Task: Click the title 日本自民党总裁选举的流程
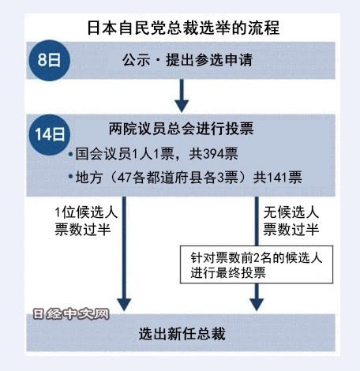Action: pos(183,28)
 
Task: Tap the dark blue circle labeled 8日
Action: pos(49,60)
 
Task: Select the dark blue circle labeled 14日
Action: pos(49,134)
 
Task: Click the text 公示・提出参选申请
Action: pos(187,60)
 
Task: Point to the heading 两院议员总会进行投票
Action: pos(182,129)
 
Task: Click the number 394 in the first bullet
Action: pos(212,154)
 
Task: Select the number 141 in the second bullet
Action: pos(277,178)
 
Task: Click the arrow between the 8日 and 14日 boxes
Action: pos(182,96)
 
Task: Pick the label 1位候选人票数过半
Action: pos(86,220)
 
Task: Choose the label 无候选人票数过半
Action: pos(291,220)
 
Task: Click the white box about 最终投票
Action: pos(257,264)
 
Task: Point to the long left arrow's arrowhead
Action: pos(124,305)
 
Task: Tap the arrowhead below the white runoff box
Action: pos(257,305)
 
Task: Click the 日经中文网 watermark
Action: pos(71,314)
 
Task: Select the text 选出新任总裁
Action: pos(182,334)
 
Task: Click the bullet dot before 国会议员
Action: pos(70,154)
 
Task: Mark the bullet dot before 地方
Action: pos(70,177)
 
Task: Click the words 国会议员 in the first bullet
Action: pos(103,154)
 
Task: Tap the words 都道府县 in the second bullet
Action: pos(174,178)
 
